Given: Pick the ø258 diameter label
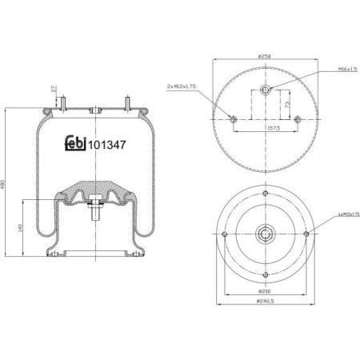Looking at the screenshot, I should [265, 56].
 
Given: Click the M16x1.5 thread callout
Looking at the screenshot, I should [326, 71].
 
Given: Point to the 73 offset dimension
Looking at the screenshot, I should [286, 104].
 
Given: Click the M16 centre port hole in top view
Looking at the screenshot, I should [266, 87].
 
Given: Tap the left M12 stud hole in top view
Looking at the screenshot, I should [234, 121].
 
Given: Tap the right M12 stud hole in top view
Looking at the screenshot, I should [298, 121].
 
